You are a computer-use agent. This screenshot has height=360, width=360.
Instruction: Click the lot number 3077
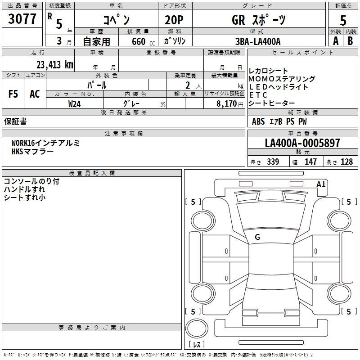click(x=22, y=19)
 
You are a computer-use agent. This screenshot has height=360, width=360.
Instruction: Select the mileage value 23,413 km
click(x=55, y=65)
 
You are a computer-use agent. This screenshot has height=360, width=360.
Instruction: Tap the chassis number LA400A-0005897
click(x=302, y=143)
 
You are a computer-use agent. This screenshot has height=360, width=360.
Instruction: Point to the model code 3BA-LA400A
click(x=258, y=41)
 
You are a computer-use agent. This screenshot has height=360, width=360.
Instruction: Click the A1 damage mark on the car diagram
click(x=321, y=184)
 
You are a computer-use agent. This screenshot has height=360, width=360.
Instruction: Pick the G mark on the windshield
click(x=257, y=237)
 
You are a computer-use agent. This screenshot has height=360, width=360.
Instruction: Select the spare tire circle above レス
click(x=197, y=328)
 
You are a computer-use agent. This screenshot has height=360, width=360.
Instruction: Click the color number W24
click(x=74, y=104)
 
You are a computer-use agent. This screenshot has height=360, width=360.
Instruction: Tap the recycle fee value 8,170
click(x=226, y=104)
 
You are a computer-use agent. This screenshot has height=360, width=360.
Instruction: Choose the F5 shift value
click(x=13, y=94)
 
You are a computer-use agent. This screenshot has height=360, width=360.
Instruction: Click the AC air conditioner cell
click(x=35, y=94)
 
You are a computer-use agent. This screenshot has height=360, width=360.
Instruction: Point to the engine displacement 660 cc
click(x=143, y=41)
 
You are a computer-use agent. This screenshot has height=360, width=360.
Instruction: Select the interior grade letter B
click(x=350, y=41)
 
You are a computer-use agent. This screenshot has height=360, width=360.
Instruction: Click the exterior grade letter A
click(x=336, y=41)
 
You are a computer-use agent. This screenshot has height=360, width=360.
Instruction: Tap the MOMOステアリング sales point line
click(x=282, y=79)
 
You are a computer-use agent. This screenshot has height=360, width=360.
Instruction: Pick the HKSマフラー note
click(x=32, y=152)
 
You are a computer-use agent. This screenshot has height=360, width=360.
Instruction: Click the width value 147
click(x=310, y=162)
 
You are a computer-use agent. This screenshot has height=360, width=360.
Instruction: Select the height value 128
click(x=346, y=162)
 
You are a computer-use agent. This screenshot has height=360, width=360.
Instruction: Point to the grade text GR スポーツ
click(x=259, y=20)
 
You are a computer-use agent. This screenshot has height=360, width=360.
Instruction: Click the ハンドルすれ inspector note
click(x=24, y=189)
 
